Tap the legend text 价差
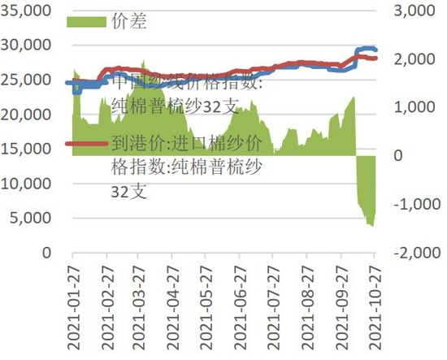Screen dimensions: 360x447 click(x=127, y=22)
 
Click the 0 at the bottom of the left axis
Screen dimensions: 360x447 click(x=48, y=253)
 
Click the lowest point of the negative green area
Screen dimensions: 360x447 click(x=372, y=225)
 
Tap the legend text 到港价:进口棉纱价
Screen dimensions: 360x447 click(x=186, y=145)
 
